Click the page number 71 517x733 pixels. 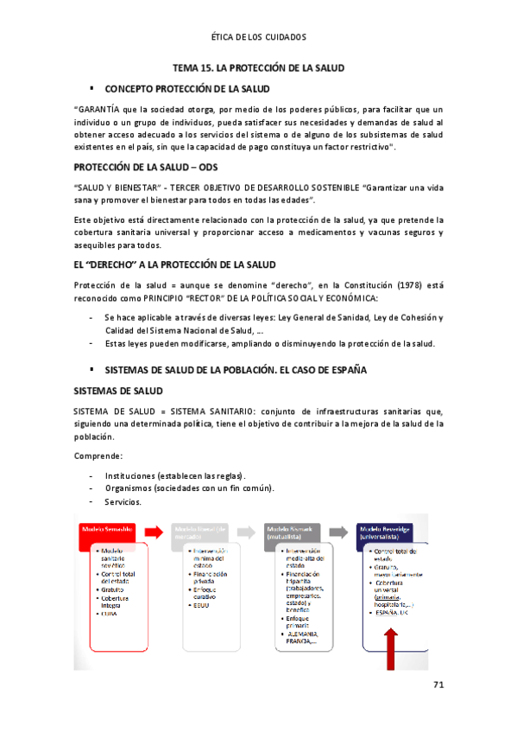click(x=438, y=685)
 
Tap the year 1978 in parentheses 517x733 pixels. click(x=385, y=284)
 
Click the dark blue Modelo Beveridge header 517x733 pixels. click(x=390, y=531)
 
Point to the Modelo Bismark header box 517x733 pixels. click(x=294, y=531)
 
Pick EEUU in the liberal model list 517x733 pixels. click(x=203, y=604)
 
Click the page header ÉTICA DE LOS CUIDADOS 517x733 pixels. click(x=258, y=37)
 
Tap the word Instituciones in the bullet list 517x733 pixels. click(x=129, y=475)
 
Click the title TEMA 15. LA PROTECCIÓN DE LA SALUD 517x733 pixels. click(x=259, y=67)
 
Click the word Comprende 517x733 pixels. click(x=98, y=455)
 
